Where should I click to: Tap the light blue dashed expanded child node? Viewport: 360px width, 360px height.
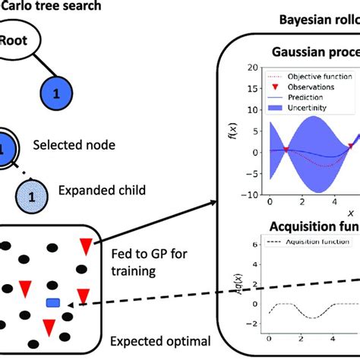[31, 196]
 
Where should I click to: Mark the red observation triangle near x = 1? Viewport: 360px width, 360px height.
[286, 150]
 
